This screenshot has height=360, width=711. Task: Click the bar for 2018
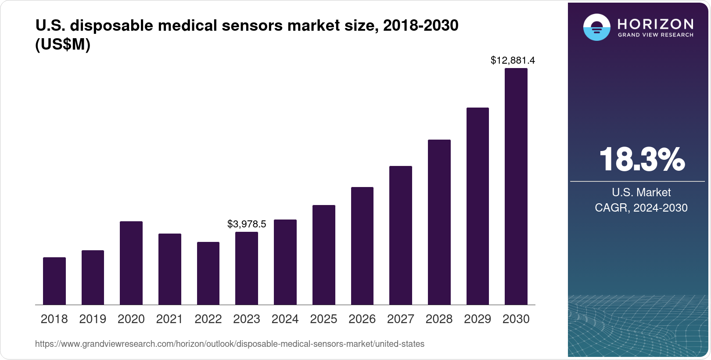(x=54, y=281)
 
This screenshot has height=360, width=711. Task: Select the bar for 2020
(x=131, y=263)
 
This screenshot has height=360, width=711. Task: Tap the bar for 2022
(x=208, y=273)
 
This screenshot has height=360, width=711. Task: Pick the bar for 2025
(x=323, y=255)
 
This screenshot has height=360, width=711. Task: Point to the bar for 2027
(x=400, y=235)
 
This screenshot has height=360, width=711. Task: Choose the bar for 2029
(x=478, y=206)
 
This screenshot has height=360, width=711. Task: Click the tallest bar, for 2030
(x=516, y=186)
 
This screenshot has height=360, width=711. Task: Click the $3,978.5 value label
(x=247, y=224)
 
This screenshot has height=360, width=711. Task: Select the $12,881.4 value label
(x=513, y=60)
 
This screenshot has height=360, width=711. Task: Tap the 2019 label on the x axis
(x=93, y=319)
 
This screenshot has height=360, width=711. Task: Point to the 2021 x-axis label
(x=169, y=319)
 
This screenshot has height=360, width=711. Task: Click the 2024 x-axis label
(x=285, y=319)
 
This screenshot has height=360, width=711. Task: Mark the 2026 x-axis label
(x=362, y=319)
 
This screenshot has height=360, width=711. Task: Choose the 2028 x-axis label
(x=439, y=319)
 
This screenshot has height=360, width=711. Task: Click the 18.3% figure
(x=641, y=159)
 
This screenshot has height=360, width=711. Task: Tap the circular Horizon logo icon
(x=596, y=27)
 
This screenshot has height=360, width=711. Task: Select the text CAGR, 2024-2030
(x=641, y=208)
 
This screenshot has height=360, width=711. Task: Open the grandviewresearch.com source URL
(x=230, y=344)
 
